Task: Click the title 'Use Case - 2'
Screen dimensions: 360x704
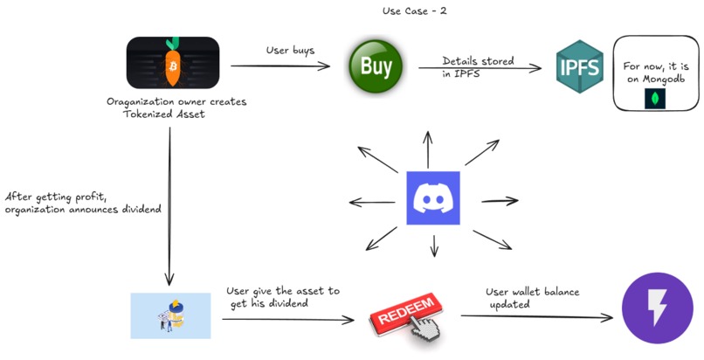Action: [x=415, y=10]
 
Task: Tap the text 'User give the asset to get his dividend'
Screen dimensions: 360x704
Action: [x=282, y=295]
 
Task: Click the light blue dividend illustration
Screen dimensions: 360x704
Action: [x=170, y=315]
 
